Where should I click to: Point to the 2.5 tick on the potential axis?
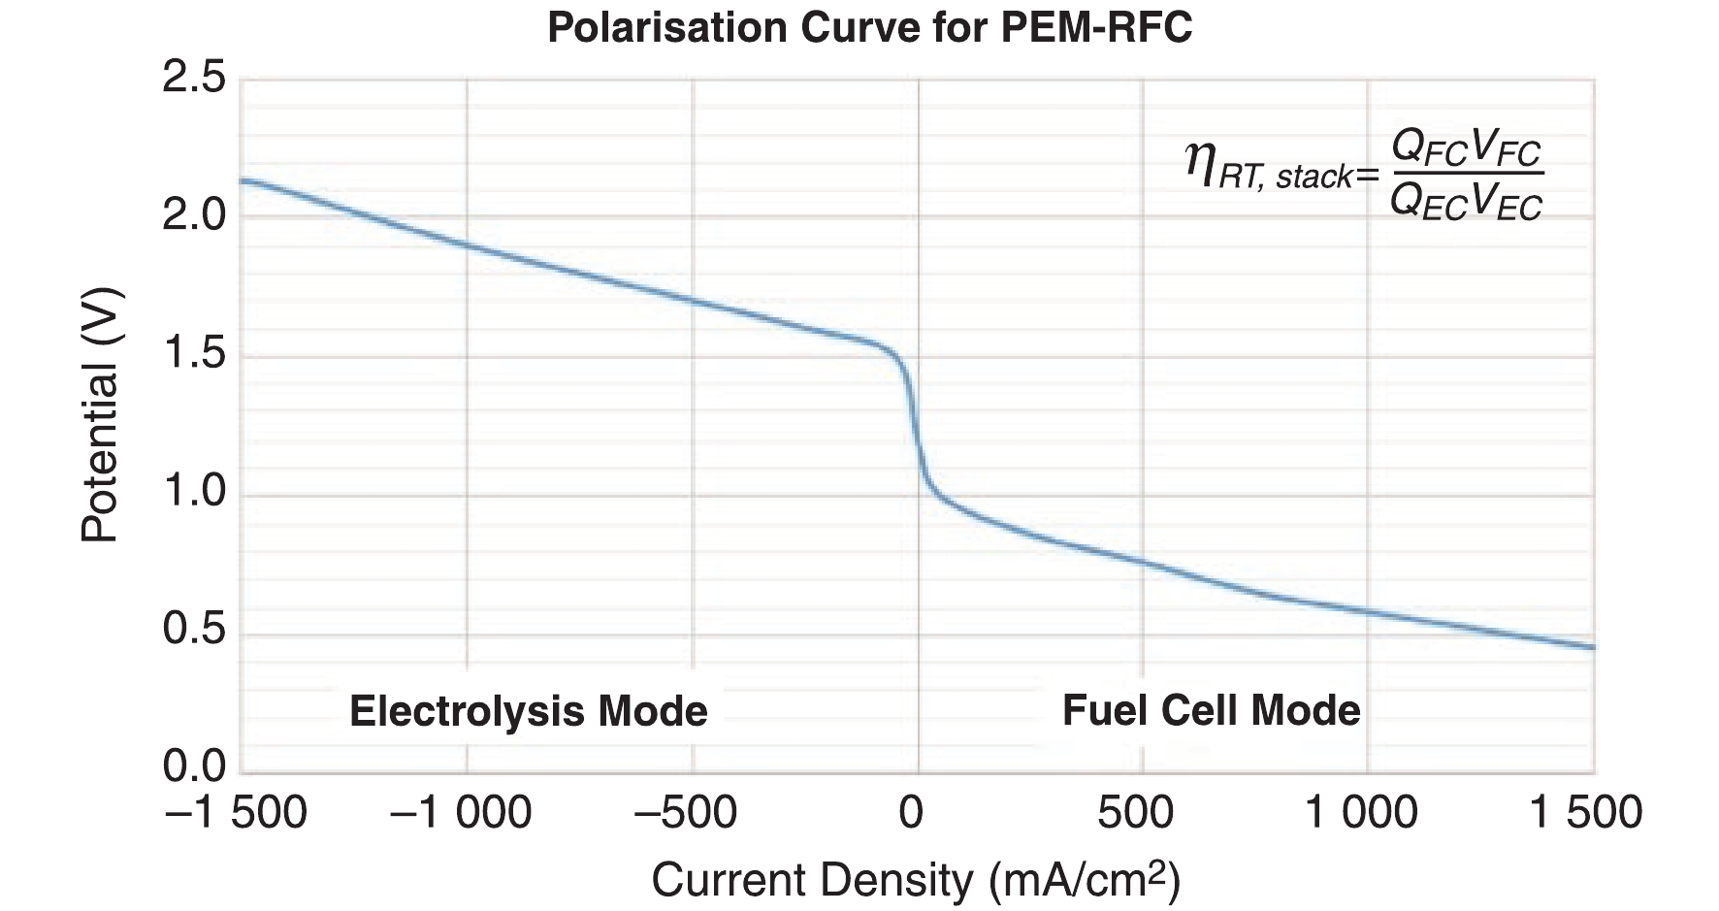coord(194,78)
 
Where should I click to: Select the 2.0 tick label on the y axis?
coord(194,215)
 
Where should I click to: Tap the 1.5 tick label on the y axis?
coord(194,355)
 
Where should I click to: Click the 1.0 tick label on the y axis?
coord(194,493)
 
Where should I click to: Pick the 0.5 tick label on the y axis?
coord(194,631)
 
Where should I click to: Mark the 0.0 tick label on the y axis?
coord(194,767)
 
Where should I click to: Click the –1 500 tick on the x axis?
coord(237,812)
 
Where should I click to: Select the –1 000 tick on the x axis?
coord(462,812)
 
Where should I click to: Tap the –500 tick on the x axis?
coord(686,812)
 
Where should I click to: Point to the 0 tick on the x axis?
coord(912,812)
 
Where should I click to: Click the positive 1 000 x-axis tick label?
coord(1361,812)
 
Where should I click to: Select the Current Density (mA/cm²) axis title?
coord(915,880)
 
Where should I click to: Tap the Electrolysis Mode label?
coord(528,711)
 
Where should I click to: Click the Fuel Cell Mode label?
coord(1211,710)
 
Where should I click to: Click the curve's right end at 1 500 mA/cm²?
coord(1593,647)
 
